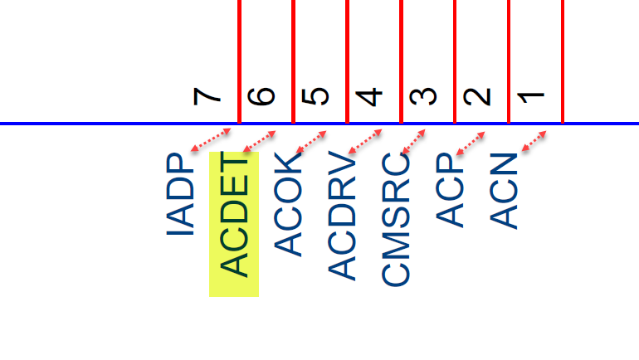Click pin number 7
click(x=207, y=96)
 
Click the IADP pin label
click(x=181, y=195)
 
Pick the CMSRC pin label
click(x=397, y=218)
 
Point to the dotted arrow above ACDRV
click(x=365, y=140)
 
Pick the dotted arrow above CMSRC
click(x=414, y=140)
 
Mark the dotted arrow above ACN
click(x=533, y=140)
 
